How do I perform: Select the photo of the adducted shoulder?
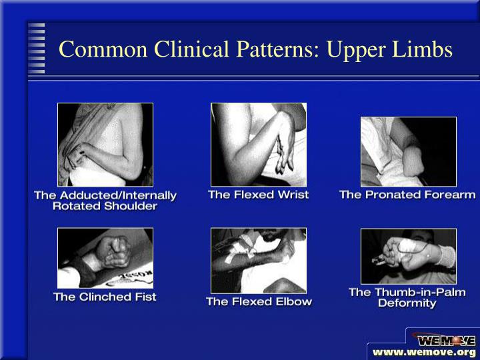(x=105, y=144)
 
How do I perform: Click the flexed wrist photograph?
(x=259, y=144)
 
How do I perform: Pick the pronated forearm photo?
(x=408, y=151)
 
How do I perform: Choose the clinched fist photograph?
(x=105, y=258)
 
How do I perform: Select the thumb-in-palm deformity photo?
(x=408, y=256)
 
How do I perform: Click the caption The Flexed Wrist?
(x=259, y=195)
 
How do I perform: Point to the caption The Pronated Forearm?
(x=407, y=195)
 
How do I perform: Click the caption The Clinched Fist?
(x=105, y=297)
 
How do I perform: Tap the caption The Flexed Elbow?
(x=259, y=301)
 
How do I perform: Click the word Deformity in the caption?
(x=407, y=303)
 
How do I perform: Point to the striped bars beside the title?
(x=37, y=48)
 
